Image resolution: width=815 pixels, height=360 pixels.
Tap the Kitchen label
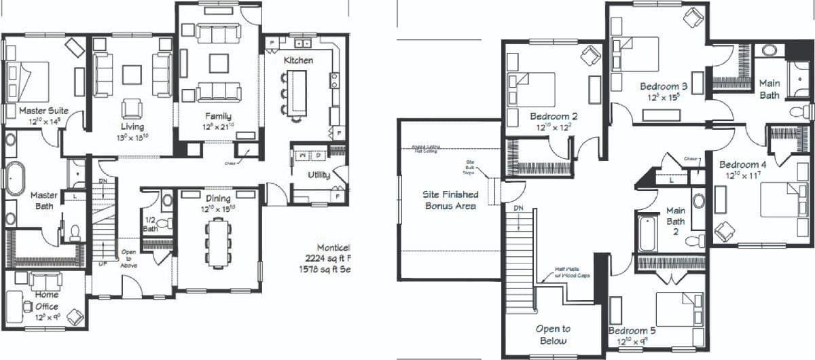298,60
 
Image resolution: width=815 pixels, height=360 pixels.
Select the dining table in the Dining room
217,242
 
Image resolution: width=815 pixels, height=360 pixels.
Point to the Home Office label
46,295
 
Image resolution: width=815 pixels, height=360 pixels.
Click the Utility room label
319,175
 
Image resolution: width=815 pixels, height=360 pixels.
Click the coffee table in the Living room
132,73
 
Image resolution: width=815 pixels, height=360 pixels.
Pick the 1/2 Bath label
151,224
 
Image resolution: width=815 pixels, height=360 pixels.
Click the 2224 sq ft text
328,258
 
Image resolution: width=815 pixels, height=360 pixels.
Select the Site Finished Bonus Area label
450,200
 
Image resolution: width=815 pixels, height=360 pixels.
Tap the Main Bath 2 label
675,221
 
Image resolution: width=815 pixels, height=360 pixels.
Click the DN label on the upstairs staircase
518,208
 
